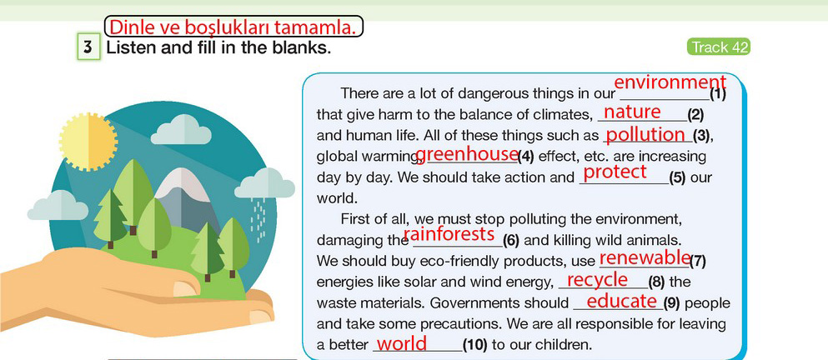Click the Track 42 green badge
point(718,47)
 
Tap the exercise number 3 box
point(88,47)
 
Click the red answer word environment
point(670,82)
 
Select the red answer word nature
point(632,112)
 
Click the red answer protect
point(615,172)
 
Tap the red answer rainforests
point(449,233)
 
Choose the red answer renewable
point(645,257)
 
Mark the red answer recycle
point(597,280)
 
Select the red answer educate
point(621,301)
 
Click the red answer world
point(401,343)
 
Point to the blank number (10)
point(475,345)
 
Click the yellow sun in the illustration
point(88,142)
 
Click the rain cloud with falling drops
point(264,183)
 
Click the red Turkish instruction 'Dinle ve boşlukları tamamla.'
point(234,27)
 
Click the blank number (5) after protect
point(677,177)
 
